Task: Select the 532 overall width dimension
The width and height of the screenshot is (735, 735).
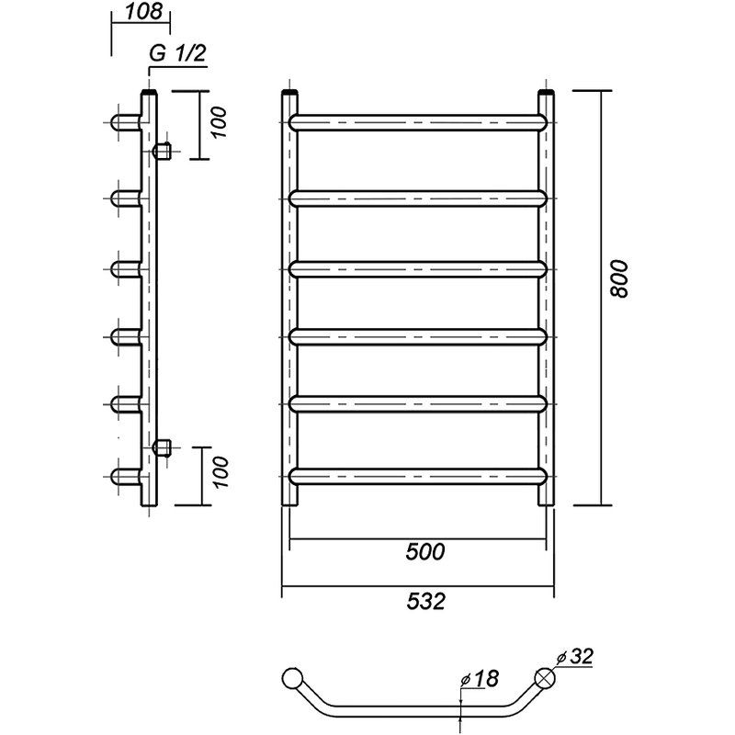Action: coord(424,602)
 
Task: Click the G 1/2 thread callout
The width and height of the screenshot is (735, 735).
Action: coord(176,54)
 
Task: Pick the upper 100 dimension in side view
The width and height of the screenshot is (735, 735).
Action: coord(219,123)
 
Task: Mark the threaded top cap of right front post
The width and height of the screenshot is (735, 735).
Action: coord(547,94)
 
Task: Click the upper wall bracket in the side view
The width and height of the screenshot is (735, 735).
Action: coord(163,150)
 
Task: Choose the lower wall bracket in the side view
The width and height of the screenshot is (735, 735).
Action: coord(163,447)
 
